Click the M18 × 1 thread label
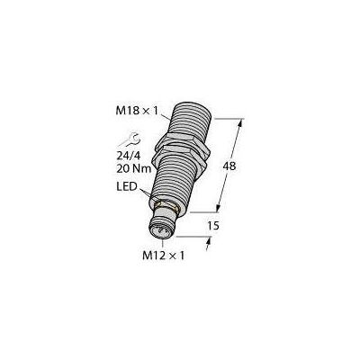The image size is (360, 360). tap(137, 111)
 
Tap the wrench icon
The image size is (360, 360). tap(129, 139)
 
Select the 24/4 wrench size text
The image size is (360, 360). tap(128, 156)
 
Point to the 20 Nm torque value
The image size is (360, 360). tap(133, 169)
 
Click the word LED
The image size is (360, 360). tap(127, 186)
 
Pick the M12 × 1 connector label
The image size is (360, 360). tap(164, 256)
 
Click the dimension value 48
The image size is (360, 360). tap(229, 166)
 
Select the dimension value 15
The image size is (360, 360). tap(213, 226)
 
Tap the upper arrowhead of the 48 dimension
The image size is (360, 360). tap(240, 122)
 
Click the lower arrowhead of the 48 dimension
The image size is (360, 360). tap(218, 208)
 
